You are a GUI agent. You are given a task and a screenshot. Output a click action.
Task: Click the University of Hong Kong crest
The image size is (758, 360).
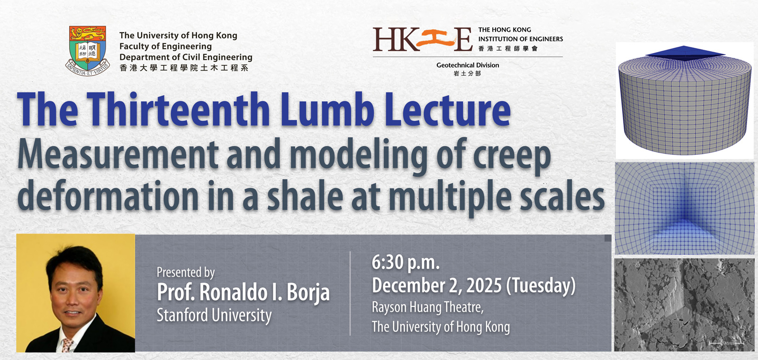click(87, 51)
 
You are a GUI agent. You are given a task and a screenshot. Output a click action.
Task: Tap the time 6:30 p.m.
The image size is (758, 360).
click(406, 262)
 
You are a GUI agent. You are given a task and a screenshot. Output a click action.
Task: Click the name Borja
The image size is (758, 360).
click(308, 292)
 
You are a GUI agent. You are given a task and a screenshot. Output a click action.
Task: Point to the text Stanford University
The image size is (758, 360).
click(214, 315)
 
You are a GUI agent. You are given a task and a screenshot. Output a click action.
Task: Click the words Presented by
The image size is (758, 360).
click(185, 272)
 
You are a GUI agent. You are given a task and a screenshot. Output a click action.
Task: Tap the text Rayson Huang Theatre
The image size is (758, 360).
click(427, 307)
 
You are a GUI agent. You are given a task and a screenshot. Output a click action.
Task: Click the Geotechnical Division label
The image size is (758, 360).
click(468, 65)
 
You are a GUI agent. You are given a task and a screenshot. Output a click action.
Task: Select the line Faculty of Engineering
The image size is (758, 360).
click(165, 46)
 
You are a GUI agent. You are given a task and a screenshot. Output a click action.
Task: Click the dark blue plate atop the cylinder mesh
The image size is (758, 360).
click(685, 53)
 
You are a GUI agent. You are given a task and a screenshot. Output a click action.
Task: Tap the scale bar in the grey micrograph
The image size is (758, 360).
click(726, 343)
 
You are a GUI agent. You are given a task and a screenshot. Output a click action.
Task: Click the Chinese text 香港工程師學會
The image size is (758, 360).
click(507, 49)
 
